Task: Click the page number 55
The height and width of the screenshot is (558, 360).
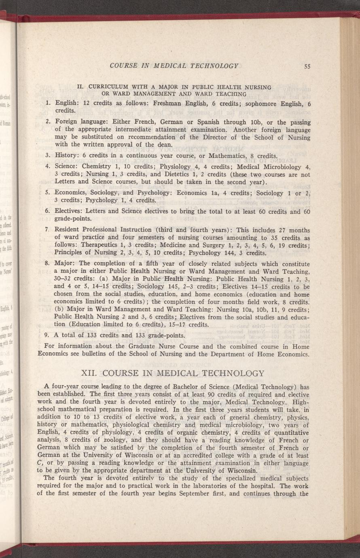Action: [307, 66]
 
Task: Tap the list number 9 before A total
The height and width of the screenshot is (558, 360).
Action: [48, 335]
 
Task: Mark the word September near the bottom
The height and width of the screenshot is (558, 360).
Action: [230, 494]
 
